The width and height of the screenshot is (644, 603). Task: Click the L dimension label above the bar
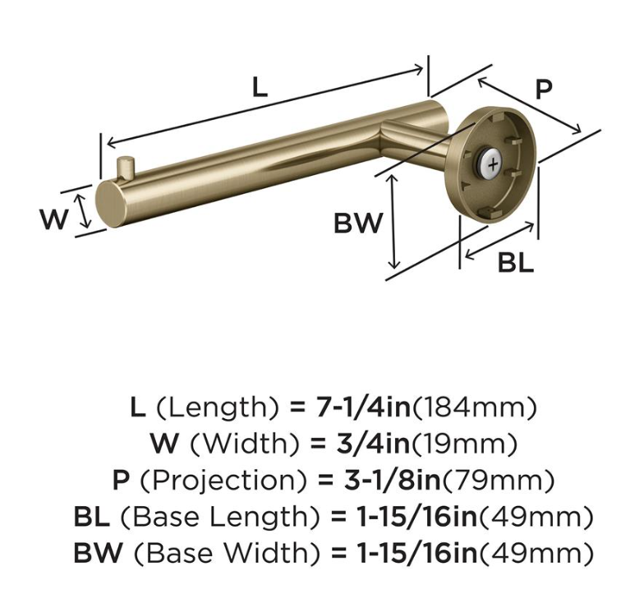(260, 87)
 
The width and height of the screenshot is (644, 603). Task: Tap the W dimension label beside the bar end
(54, 219)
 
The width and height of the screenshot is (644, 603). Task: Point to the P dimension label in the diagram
(544, 90)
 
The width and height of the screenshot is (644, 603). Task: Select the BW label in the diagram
(358, 223)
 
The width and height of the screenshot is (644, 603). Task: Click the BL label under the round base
(516, 263)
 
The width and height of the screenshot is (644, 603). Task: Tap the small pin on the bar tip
(125, 166)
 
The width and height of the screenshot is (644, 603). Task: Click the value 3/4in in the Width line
(373, 444)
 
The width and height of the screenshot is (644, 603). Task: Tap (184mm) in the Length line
(475, 407)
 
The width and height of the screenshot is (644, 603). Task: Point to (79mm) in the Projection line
(498, 481)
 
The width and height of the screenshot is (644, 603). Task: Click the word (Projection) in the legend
(223, 481)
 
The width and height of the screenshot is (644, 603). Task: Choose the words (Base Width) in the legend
(227, 553)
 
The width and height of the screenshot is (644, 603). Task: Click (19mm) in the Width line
(465, 444)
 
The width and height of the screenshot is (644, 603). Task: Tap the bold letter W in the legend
(164, 444)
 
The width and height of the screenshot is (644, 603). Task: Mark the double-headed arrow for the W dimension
(84, 211)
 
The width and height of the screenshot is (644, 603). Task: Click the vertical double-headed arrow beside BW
(393, 222)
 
